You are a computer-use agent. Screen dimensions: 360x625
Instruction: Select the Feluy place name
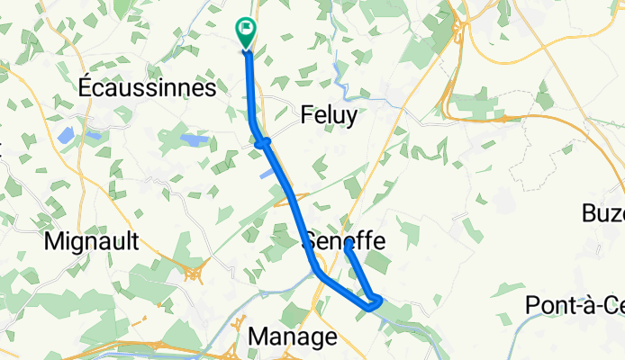tap(328, 115)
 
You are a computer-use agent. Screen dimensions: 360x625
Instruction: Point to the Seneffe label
tap(345, 242)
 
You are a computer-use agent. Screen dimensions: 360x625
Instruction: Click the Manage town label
tap(292, 337)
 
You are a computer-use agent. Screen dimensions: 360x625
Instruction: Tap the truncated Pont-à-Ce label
tap(575, 305)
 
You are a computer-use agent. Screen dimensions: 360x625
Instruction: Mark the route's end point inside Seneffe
tap(348, 245)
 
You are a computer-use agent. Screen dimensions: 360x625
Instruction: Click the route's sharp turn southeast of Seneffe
tap(378, 300)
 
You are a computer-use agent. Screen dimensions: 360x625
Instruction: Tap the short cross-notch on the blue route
tap(262, 141)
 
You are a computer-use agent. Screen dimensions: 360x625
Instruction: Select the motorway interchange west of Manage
tap(238, 327)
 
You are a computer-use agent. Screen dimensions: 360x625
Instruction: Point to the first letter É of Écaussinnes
tap(86, 88)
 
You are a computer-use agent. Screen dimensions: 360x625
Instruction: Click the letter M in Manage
tap(257, 337)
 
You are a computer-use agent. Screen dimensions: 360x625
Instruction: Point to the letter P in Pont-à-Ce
tap(532, 305)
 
